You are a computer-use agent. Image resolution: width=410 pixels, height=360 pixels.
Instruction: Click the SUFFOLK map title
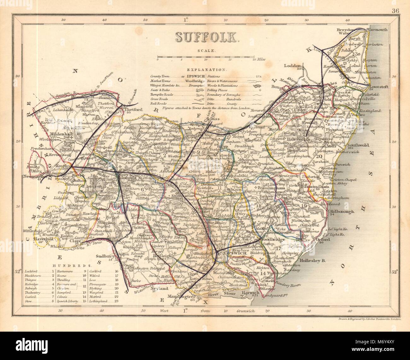pos(207,37)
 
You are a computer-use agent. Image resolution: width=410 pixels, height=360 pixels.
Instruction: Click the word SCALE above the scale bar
pos(207,50)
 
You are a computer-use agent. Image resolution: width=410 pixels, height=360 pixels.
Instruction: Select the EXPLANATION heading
pos(207,69)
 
